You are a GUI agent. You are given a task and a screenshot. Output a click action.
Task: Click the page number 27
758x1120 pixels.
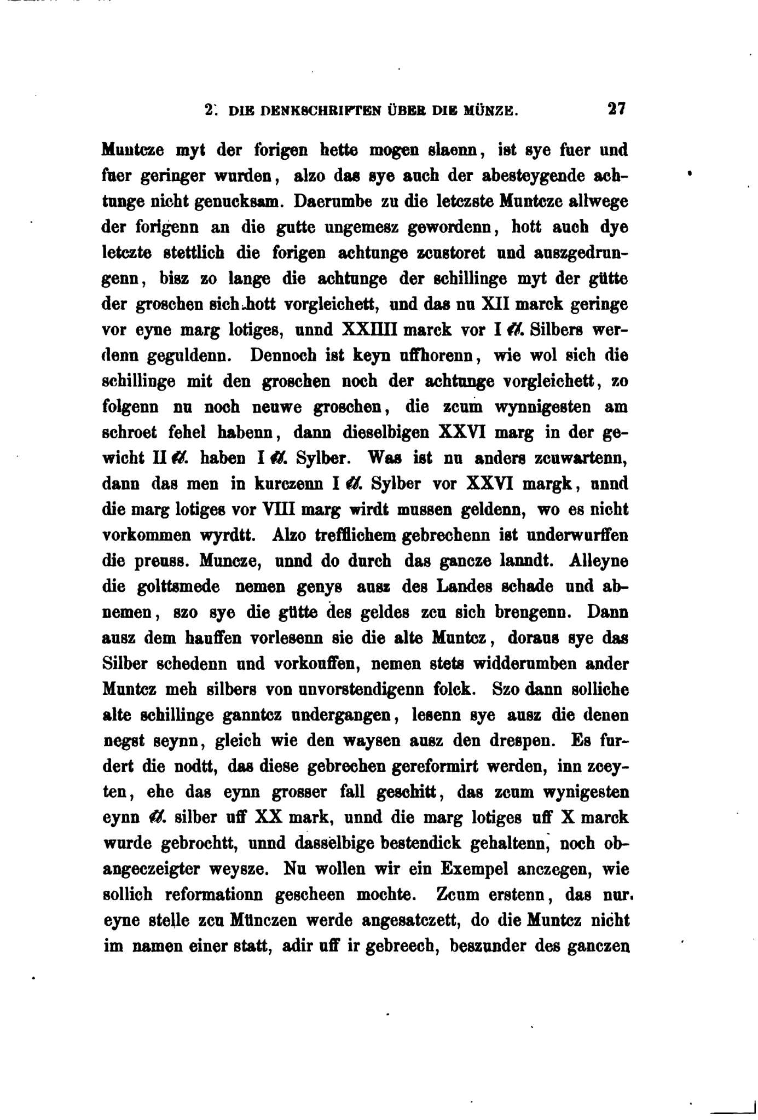coord(616,108)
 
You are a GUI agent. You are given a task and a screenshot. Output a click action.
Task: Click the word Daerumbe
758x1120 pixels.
coord(333,201)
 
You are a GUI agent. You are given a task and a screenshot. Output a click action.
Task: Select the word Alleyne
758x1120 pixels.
coord(599,561)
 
